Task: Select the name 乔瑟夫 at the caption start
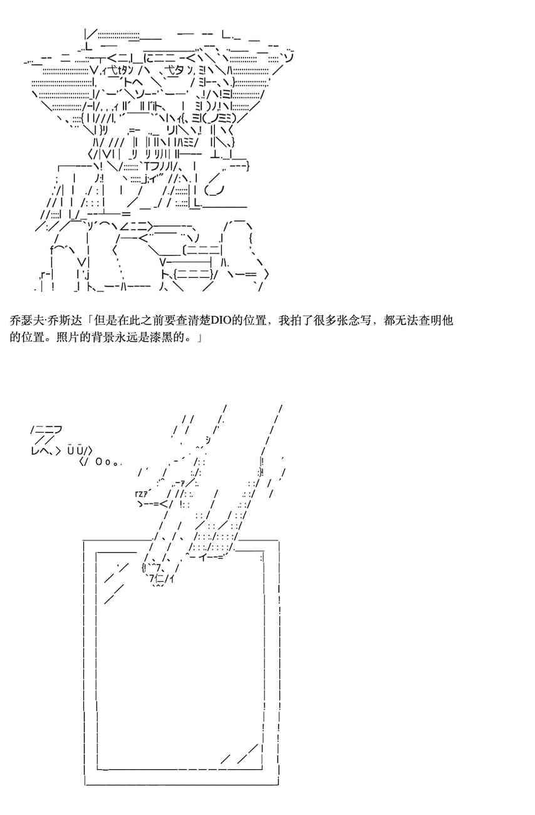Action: [27, 320]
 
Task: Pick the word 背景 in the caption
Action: [91, 337]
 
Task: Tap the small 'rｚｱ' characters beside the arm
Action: [142, 493]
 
